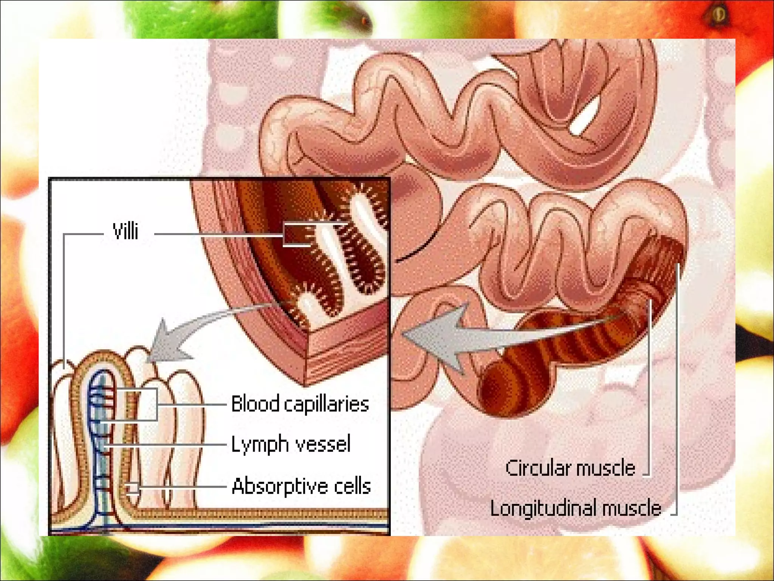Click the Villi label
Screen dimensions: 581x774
click(125, 231)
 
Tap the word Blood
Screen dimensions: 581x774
click(255, 404)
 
